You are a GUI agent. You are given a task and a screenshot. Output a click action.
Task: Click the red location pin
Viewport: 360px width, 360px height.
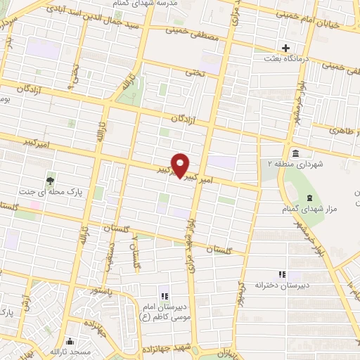181,165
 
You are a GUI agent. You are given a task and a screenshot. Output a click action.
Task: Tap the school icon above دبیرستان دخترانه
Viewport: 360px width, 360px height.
283,274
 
